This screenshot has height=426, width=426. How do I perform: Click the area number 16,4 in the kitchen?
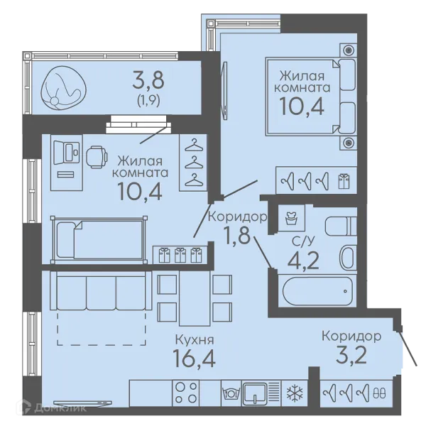click(x=194, y=358)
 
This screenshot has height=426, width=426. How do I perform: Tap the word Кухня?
click(x=195, y=339)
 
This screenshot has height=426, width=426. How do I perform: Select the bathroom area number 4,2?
click(x=303, y=260)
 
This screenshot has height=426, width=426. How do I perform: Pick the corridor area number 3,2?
click(x=351, y=355)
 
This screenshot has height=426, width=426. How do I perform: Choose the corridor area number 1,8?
click(x=236, y=234)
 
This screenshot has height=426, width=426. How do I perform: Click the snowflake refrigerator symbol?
click(x=295, y=393)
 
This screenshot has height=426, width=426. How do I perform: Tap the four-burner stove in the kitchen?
click(x=186, y=393)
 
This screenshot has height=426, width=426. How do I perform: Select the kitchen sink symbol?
click(x=255, y=393)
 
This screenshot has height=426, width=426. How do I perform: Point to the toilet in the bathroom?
click(x=341, y=226)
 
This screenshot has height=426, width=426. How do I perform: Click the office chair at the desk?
click(x=97, y=158)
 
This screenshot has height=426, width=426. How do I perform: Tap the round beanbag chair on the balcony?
click(x=64, y=88)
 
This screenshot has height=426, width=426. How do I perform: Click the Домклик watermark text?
click(x=60, y=408)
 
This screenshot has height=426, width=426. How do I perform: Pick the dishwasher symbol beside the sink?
click(x=231, y=393)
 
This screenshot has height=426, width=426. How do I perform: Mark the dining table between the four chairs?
click(x=195, y=298)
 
